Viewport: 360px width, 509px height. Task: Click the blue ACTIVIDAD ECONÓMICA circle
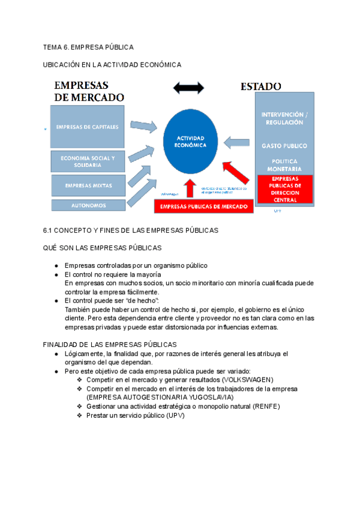[186, 142]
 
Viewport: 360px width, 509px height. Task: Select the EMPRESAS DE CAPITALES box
[88, 127]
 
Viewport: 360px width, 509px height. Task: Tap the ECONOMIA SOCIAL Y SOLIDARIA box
[88, 161]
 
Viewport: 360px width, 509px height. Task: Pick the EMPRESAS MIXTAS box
[88, 185]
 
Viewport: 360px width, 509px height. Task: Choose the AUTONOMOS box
[88, 205]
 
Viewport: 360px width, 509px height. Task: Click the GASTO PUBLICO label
[284, 146]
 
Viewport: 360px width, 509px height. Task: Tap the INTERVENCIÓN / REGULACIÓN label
[284, 118]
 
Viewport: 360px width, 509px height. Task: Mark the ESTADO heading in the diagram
[261, 86]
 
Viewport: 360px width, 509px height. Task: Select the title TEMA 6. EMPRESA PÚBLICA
[88, 47]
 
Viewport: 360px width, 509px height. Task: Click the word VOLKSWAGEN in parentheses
[247, 380]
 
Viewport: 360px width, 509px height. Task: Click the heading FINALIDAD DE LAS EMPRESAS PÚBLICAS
[110, 345]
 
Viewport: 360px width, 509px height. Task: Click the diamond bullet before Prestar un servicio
[80, 415]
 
